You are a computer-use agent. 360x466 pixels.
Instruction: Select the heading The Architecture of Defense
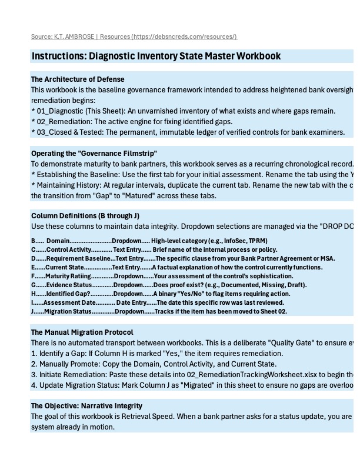[x=78, y=79]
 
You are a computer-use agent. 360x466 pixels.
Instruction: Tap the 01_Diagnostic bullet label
[x=59, y=111]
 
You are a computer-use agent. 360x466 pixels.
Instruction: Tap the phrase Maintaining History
[x=68, y=185]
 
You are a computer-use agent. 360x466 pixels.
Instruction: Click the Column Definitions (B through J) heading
[x=85, y=216]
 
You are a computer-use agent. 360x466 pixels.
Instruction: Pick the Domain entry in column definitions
[x=58, y=241]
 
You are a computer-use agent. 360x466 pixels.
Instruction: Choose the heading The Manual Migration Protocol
[x=82, y=332]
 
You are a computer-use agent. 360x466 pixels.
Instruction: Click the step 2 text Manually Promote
[x=65, y=364]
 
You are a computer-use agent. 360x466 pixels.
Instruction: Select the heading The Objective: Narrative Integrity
[x=86, y=406]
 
